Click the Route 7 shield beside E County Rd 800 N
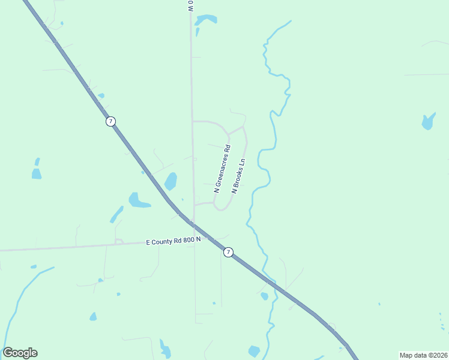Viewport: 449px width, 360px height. coord(228,253)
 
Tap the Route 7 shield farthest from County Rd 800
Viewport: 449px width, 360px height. coord(110,121)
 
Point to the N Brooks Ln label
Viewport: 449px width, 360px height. coord(239,175)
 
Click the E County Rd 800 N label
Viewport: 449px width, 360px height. coord(173,241)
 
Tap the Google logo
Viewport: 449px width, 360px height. coord(20,353)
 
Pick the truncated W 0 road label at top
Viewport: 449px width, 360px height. coord(190,7)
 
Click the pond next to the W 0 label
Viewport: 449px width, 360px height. coord(205,20)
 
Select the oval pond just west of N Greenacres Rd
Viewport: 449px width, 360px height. coord(171,181)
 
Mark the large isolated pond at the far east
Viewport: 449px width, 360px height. coord(428,121)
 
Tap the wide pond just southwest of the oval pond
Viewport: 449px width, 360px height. coord(137,200)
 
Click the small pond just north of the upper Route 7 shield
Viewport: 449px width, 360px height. coord(101,95)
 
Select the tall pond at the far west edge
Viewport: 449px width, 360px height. coord(37,171)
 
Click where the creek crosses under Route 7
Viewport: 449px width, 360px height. coord(270,282)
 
